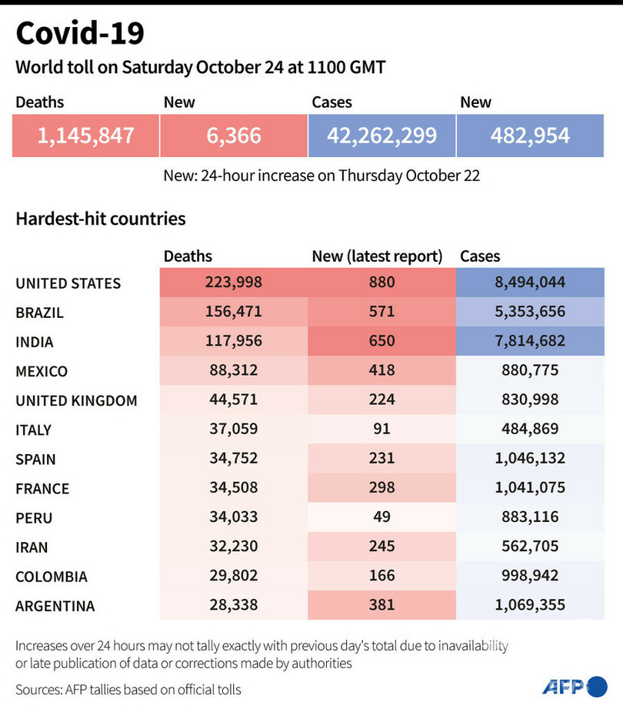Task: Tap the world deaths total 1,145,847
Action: coord(85,136)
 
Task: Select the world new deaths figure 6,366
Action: coord(234,136)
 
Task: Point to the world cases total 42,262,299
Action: coord(381,136)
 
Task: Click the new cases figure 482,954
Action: coord(530,136)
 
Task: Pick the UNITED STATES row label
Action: coord(68,283)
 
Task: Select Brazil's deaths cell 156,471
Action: coord(234,313)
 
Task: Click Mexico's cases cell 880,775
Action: coord(530,371)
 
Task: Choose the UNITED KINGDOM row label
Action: coord(76,400)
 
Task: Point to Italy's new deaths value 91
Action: coord(381,430)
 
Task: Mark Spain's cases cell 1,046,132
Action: coord(530,459)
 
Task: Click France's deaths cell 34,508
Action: coord(234,488)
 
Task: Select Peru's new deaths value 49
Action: coord(381,517)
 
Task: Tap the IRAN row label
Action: coord(32,547)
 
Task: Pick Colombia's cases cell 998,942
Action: coord(530,576)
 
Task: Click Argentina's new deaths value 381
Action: coord(381,605)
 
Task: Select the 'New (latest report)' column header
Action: coord(377,256)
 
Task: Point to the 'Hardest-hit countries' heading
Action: coord(101,219)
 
